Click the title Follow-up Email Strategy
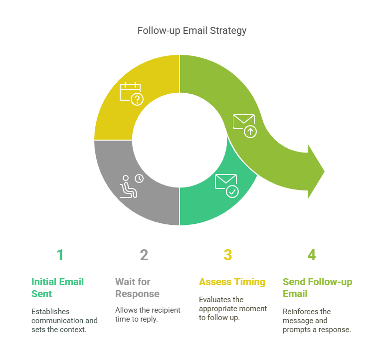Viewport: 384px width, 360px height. click(192, 30)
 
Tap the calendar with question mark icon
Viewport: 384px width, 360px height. click(131, 94)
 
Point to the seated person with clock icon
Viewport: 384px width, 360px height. click(131, 186)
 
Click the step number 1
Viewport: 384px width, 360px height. click(60, 255)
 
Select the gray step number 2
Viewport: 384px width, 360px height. click(144, 255)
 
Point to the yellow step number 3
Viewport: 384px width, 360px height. click(228, 255)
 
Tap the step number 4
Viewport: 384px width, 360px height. click(312, 255)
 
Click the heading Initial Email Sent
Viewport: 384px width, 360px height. click(57, 288)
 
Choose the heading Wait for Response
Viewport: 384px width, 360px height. click(137, 288)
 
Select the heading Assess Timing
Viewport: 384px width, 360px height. click(232, 282)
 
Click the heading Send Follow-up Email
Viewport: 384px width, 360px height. click(317, 288)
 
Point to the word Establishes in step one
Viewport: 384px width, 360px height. click(50, 311)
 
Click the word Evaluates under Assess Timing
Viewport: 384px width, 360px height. click(214, 299)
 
